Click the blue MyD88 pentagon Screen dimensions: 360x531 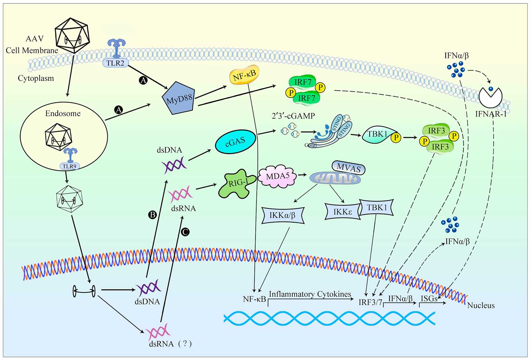[179, 98]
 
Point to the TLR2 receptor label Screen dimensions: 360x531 [115, 63]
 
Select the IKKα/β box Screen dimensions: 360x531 [283, 215]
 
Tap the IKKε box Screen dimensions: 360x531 [342, 212]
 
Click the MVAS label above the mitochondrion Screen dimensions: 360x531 [348, 168]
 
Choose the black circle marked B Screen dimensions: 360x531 [153, 214]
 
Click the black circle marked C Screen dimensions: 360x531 [185, 232]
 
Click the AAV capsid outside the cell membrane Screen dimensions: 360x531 [72, 35]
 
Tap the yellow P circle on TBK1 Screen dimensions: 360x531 [396, 137]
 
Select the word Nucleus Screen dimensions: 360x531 [481, 305]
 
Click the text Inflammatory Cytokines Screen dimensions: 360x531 [310, 294]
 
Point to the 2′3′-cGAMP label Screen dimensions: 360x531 [293, 116]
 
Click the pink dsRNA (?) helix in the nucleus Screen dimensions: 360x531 [158, 332]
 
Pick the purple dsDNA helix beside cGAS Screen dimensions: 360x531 [174, 165]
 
